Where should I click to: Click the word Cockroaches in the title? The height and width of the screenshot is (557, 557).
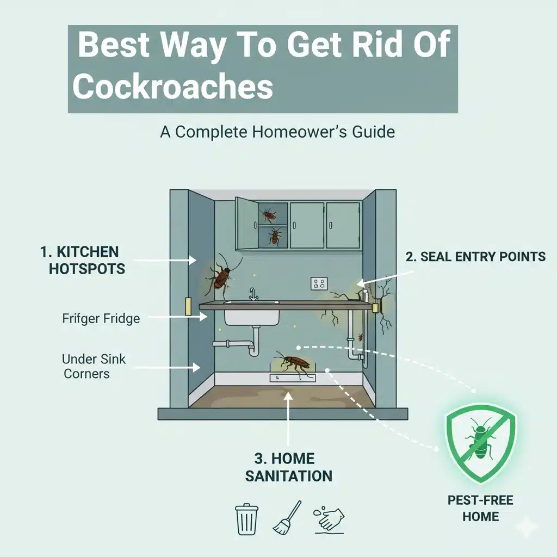(172, 87)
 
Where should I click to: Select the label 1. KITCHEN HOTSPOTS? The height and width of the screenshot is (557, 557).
(83, 261)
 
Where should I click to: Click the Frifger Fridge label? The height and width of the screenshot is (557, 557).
(101, 318)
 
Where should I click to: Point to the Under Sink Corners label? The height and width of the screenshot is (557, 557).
(94, 366)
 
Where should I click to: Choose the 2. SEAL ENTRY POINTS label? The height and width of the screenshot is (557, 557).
(475, 257)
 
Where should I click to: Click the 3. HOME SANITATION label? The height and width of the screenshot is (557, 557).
(288, 467)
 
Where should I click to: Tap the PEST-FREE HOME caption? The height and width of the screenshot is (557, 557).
(480, 509)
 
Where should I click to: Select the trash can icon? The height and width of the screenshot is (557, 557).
(246, 519)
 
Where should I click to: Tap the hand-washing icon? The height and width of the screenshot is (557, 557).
(329, 519)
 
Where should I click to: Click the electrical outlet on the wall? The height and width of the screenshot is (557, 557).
(319, 283)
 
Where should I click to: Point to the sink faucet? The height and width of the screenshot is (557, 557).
(252, 294)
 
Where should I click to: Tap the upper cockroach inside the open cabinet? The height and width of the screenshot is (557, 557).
(269, 215)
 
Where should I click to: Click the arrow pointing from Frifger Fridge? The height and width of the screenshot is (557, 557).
(177, 317)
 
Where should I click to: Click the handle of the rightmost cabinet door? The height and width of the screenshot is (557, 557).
(331, 225)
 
